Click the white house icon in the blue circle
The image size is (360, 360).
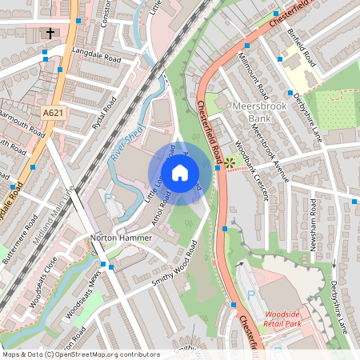180,172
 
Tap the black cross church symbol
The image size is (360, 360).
50,34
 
